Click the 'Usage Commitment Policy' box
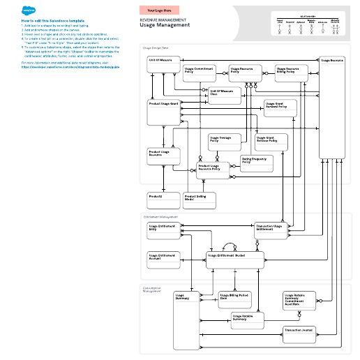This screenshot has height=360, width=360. click(x=200, y=73)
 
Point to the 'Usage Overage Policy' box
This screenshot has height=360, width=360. click(x=220, y=140)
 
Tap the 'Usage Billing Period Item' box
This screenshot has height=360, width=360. click(x=234, y=299)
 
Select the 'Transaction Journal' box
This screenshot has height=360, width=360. click(x=300, y=330)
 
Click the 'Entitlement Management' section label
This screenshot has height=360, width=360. click(x=160, y=217)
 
